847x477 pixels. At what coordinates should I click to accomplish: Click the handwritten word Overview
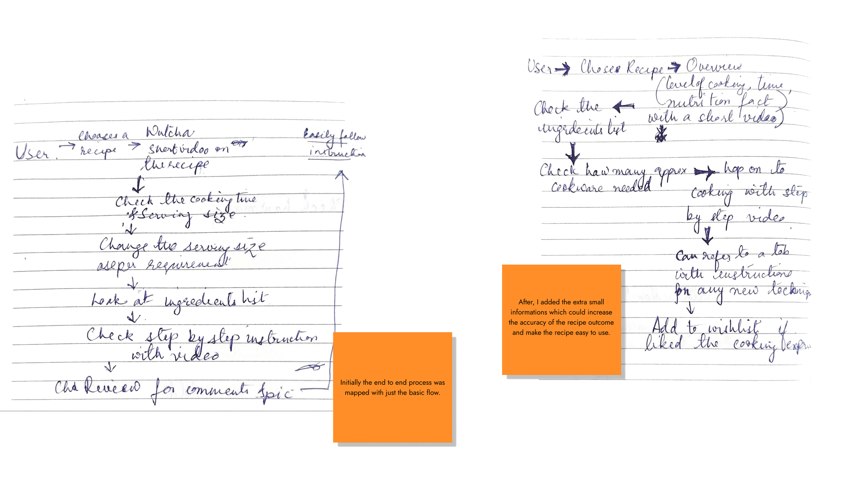714,66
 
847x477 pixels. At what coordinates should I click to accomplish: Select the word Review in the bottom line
112,387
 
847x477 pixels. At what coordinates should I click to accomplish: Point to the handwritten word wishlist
734,328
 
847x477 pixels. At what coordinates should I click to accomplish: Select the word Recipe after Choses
644,68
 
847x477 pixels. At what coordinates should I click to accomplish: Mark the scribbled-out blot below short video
661,134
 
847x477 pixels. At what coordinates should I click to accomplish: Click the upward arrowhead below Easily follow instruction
341,174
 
